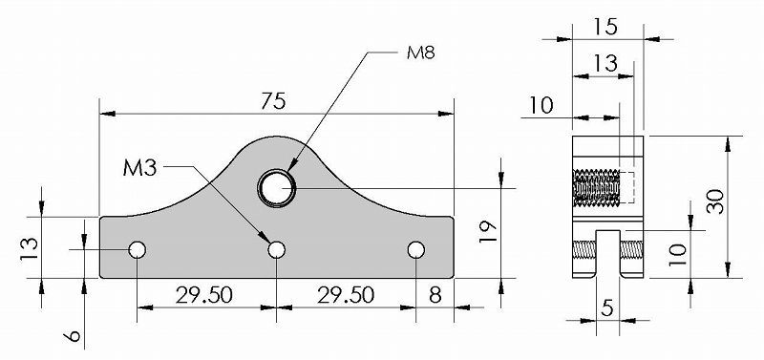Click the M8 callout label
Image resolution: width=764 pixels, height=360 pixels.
click(421, 53)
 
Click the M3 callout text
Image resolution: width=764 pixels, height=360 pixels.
click(139, 169)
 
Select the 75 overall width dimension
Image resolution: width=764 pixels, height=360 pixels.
click(273, 102)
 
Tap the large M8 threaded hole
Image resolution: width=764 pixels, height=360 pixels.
click(277, 188)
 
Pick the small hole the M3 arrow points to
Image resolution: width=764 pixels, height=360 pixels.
click(277, 250)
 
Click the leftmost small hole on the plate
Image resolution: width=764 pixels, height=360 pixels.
click(138, 250)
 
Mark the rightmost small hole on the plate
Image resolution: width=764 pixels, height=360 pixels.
click(416, 250)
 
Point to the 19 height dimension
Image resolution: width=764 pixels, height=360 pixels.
click(488, 232)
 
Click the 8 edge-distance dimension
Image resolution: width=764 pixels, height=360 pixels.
click(435, 295)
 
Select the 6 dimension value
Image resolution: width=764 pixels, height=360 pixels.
click(73, 336)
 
